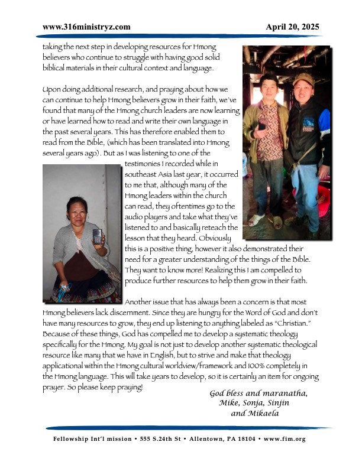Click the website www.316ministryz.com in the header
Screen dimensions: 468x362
[87, 27]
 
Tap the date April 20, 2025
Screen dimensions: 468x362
[292, 27]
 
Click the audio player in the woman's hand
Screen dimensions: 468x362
[96, 236]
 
